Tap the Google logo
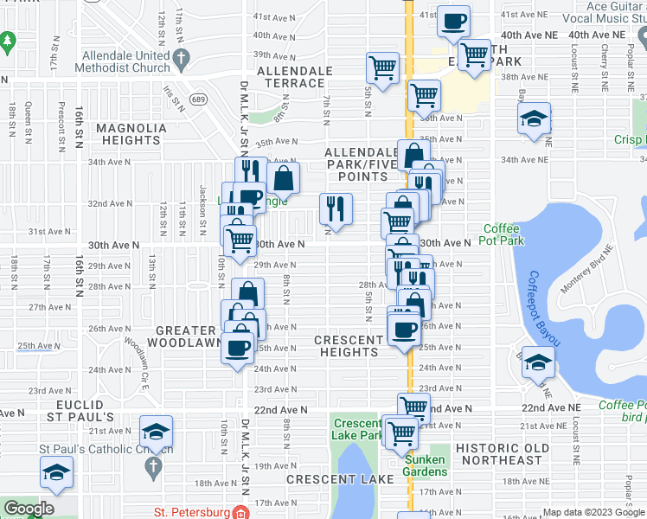click(x=29, y=509)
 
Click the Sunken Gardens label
click(x=423, y=465)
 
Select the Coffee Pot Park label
click(x=501, y=234)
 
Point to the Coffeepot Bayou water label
click(x=543, y=308)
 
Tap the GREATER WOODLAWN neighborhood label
click(x=185, y=336)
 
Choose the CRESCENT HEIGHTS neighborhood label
click(x=350, y=346)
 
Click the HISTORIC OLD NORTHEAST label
click(x=502, y=453)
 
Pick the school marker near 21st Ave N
click(x=157, y=431)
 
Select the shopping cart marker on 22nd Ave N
click(x=413, y=407)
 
